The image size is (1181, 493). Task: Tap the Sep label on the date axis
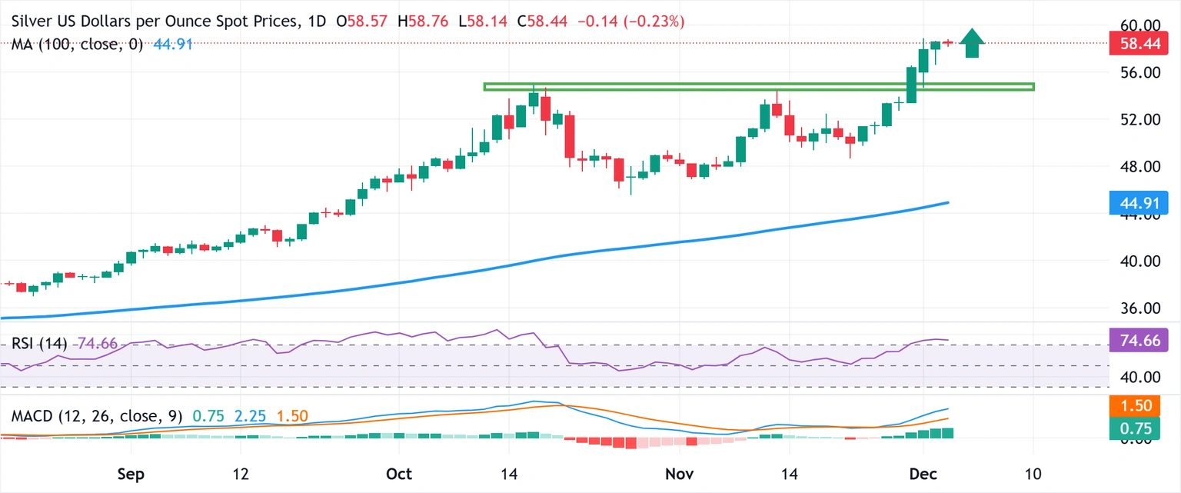click(132, 472)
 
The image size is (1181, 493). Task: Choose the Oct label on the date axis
click(399, 472)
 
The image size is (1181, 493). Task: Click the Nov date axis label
click(679, 472)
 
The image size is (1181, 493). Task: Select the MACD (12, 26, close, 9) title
click(97, 417)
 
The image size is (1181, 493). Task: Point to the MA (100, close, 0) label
click(78, 45)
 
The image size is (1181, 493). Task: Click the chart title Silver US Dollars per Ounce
click(154, 22)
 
